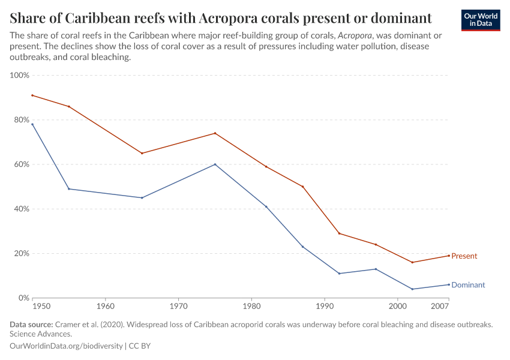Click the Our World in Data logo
click(x=480, y=19)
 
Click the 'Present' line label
click(x=464, y=256)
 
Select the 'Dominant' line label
click(x=468, y=285)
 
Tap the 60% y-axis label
click(x=21, y=164)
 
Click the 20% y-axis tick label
click(x=21, y=253)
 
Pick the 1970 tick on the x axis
click(x=178, y=307)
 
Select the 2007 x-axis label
click(x=440, y=307)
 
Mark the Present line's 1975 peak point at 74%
click(x=215, y=133)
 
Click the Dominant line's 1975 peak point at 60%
click(x=215, y=164)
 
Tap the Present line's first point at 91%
click(x=32, y=95)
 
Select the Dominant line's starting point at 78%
click(x=32, y=124)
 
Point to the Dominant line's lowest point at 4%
click(x=412, y=289)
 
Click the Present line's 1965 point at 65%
click(x=142, y=153)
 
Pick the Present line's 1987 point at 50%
click(x=302, y=187)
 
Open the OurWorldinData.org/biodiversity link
click(x=66, y=346)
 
